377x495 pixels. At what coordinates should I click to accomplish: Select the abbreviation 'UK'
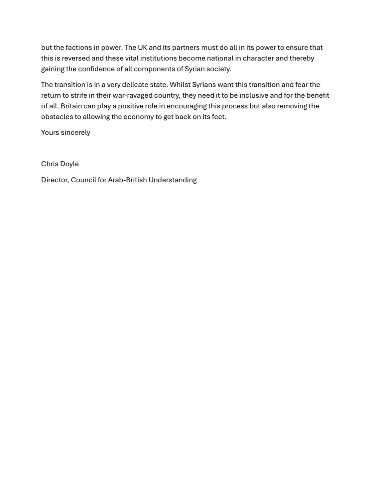pos(142,47)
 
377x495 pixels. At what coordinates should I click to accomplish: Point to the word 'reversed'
pos(76,58)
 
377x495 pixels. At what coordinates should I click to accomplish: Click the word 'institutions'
pos(158,58)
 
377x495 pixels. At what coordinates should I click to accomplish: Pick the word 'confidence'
pos(96,69)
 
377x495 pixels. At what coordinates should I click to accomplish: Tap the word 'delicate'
pos(135,85)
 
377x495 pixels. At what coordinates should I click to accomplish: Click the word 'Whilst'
pos(180,85)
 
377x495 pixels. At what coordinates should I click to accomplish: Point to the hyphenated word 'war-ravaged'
pos(132,95)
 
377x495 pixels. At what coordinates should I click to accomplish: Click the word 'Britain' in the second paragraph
pos(71,106)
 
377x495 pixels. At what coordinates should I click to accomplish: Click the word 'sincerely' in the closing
pos(76,132)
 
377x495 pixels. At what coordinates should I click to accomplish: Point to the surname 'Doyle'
pos(70,164)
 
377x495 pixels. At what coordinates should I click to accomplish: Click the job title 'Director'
pos(55,180)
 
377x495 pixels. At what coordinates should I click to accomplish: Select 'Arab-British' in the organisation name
pos(127,180)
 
